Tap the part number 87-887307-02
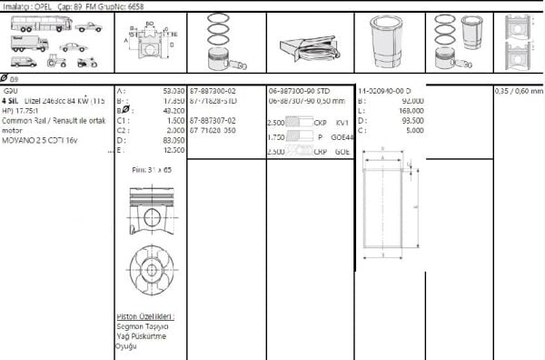coord(213,120)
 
